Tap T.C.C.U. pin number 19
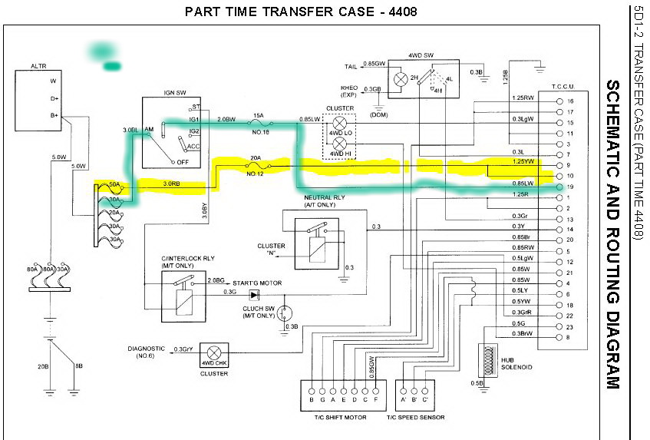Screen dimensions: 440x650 tap(569, 187)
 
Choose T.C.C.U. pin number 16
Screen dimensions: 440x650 tap(569, 101)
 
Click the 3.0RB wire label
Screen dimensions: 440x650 tap(173, 184)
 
